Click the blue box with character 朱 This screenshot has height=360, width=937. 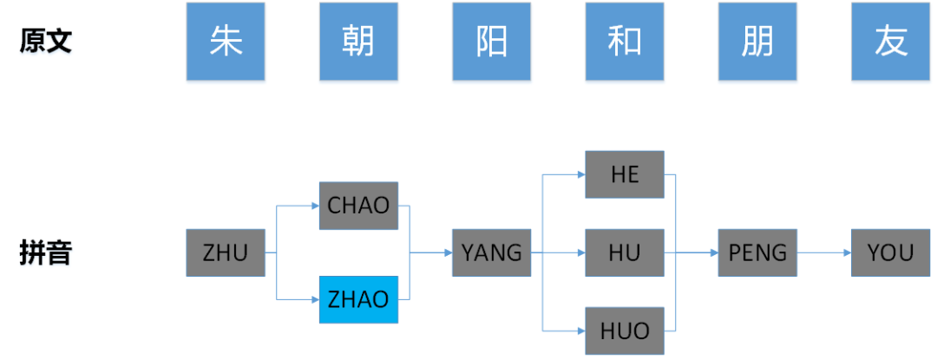click(x=226, y=42)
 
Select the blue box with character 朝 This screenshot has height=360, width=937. click(x=358, y=42)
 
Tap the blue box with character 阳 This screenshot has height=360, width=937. click(x=492, y=42)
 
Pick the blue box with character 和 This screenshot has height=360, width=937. click(x=625, y=42)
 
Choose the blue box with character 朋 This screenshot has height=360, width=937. click(x=757, y=42)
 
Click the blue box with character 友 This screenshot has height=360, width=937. click(x=891, y=42)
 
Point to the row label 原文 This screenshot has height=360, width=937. click(x=46, y=42)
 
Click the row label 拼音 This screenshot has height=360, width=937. click(x=46, y=253)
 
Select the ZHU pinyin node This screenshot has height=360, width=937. click(x=226, y=253)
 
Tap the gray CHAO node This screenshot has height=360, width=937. click(x=358, y=206)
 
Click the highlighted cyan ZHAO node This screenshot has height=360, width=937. click(x=358, y=299)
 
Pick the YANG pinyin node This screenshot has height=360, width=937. click(x=492, y=253)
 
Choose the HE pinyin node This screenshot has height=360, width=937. click(x=625, y=174)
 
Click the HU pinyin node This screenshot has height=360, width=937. click(x=625, y=253)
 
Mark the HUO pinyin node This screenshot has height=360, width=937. click(x=625, y=331)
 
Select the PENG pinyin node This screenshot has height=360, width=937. click(x=757, y=253)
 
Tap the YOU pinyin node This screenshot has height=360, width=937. click(x=891, y=253)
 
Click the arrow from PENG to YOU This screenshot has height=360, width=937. click(x=824, y=253)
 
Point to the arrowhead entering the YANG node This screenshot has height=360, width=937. click(x=448, y=253)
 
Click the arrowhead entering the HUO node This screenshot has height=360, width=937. click(x=580, y=331)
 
